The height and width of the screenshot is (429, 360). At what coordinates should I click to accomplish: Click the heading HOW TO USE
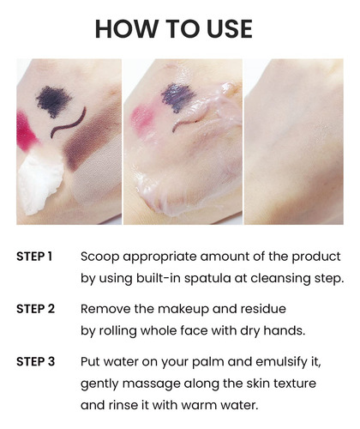coord(174,29)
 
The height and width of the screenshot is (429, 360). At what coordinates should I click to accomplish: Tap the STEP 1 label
coord(34,257)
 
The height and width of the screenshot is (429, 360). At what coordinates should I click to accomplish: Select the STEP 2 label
coord(35,309)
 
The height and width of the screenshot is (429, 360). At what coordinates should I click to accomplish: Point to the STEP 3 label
coord(35,362)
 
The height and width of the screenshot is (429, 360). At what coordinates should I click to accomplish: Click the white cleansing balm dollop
coord(40,182)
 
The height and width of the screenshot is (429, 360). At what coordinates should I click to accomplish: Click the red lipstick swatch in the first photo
coord(26,131)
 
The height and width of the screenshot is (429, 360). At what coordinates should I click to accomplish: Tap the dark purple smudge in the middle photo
coord(177,97)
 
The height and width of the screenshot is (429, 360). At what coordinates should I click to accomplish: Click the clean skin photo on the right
coord(294,142)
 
